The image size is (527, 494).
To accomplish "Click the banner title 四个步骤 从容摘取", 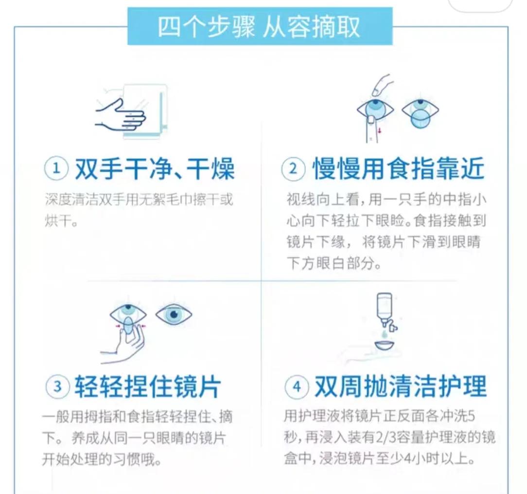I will pos(259,27).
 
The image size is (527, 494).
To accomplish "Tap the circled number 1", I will pos(55,169).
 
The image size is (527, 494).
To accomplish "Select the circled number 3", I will pos(57,387).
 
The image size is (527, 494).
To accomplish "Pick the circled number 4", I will pos(297,387).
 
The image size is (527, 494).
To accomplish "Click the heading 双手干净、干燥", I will pos(155,169).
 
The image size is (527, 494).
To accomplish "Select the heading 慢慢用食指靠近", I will pos(398,169).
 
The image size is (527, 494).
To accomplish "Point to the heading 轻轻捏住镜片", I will pos(148,387).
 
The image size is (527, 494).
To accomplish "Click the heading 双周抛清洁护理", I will pos(401,387).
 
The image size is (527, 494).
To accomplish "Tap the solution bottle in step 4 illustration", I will pos(385,306).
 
